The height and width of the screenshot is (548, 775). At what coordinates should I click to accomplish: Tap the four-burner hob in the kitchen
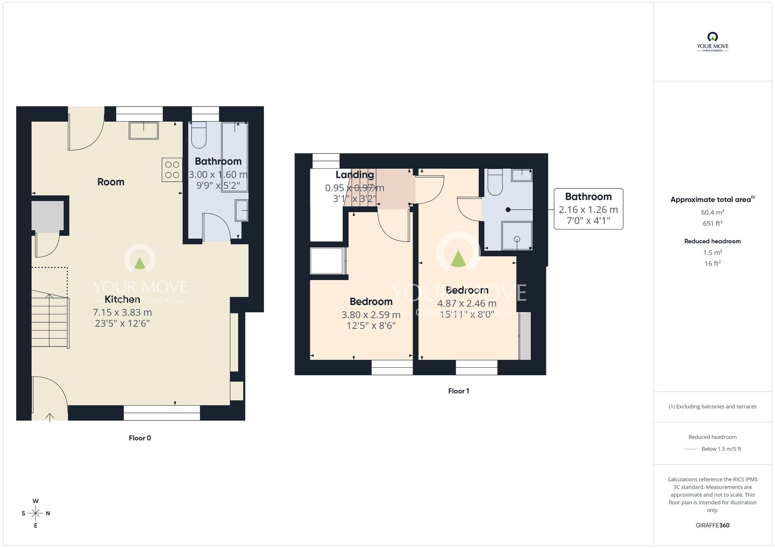[x=172, y=170]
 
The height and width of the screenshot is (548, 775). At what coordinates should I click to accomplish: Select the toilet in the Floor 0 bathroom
[x=199, y=135]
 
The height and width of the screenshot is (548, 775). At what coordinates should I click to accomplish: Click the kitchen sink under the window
[x=143, y=130]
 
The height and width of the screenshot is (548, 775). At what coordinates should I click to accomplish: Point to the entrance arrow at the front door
[x=50, y=417]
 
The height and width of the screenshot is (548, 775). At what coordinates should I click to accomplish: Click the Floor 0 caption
[x=140, y=438]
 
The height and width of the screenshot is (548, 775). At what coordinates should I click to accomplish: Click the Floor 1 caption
[x=458, y=391]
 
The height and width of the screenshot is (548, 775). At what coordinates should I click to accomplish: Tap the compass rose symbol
[x=36, y=514]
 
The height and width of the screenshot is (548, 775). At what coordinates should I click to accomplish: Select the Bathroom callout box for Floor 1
[x=588, y=209]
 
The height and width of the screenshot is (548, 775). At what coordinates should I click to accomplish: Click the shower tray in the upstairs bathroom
[x=517, y=236]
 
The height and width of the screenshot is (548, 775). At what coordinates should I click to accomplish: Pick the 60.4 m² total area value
[x=712, y=212]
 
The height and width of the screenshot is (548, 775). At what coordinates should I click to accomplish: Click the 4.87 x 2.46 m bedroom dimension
[x=467, y=303]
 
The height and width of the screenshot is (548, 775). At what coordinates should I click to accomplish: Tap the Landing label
[x=355, y=175]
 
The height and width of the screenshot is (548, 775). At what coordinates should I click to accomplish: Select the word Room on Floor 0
[x=111, y=182]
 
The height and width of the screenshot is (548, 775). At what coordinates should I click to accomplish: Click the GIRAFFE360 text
[x=712, y=526]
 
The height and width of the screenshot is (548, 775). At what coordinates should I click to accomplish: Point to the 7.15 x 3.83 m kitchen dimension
[x=122, y=312]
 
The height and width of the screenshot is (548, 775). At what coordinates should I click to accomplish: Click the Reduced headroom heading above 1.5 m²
[x=712, y=241]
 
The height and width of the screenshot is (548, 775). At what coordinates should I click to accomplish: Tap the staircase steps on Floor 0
[x=49, y=322]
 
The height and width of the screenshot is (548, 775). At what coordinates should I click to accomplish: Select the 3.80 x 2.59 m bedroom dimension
[x=371, y=315]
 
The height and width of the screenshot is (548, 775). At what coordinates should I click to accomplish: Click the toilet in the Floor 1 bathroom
[x=495, y=183]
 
